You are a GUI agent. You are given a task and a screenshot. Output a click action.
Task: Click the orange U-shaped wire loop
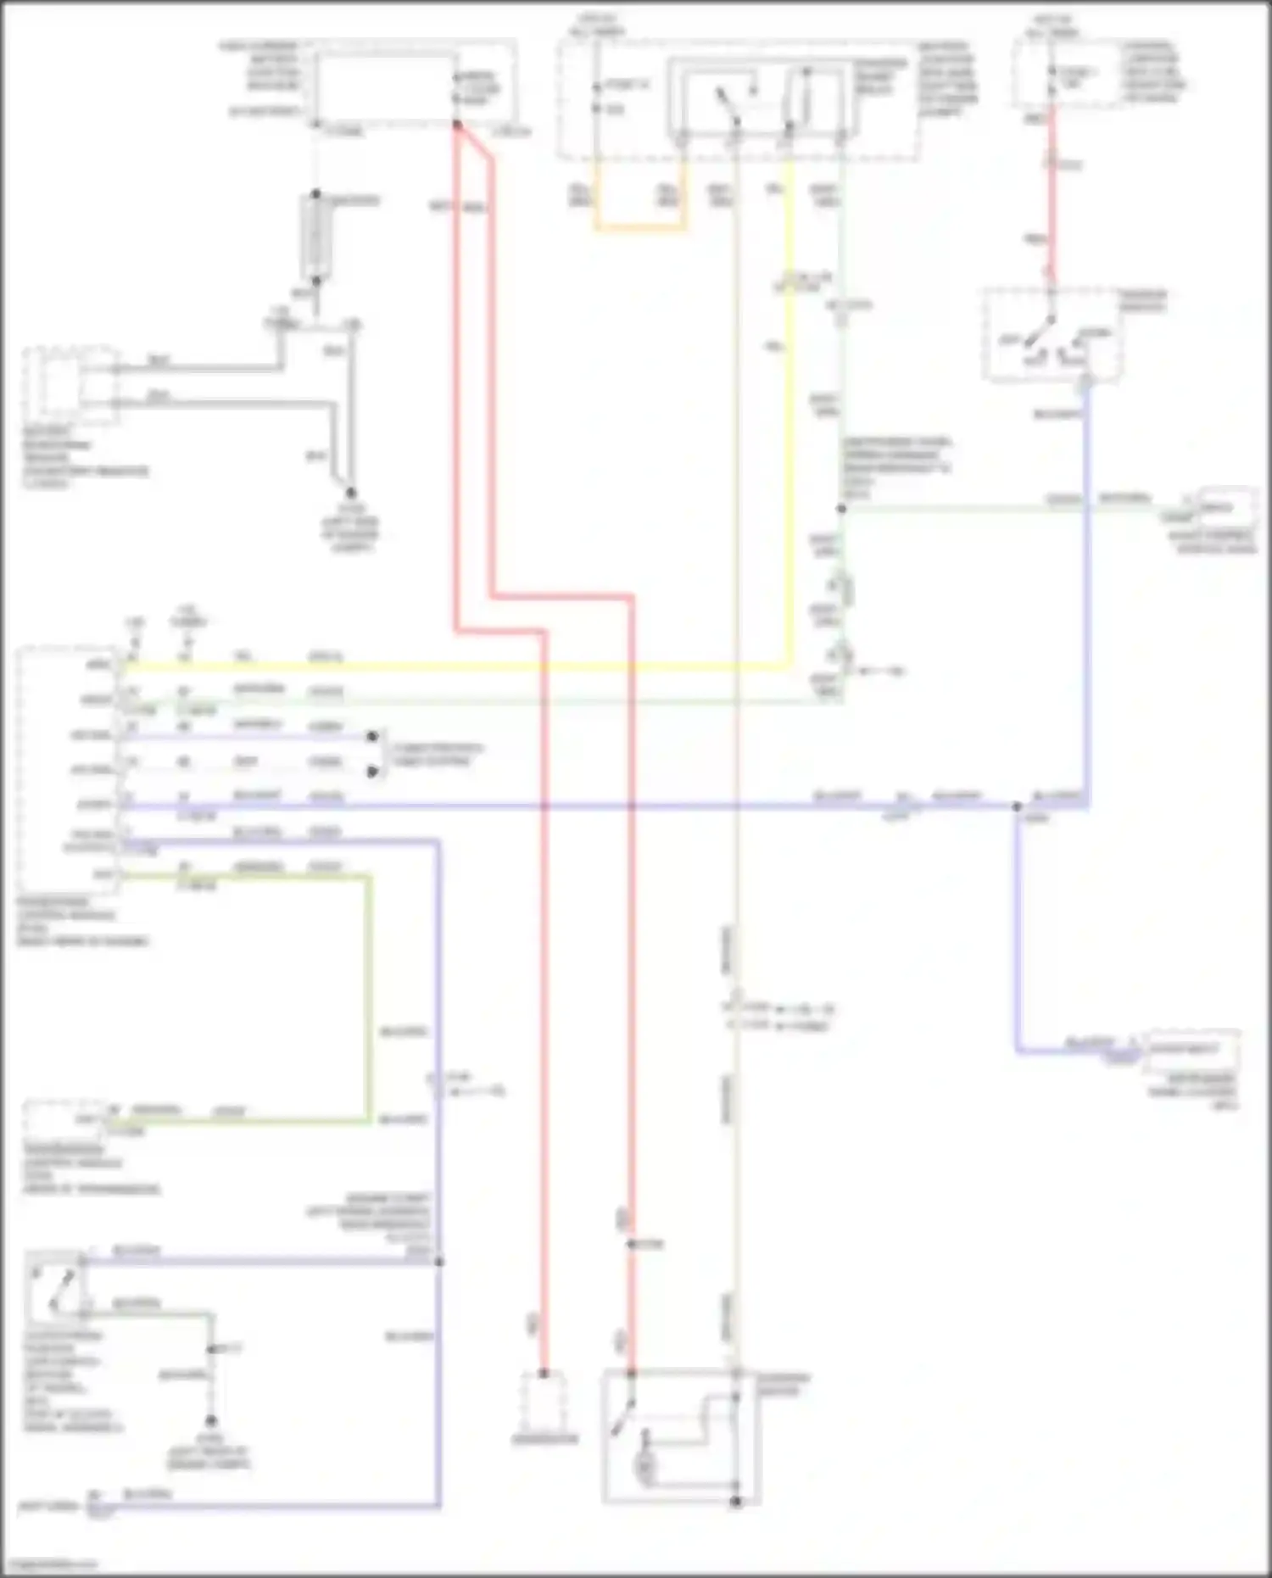pyautogui.click(x=640, y=227)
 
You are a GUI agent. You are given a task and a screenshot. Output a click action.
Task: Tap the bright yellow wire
pyautogui.click(x=790, y=424)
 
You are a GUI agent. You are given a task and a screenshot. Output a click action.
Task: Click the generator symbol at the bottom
pyautogui.click(x=544, y=1403)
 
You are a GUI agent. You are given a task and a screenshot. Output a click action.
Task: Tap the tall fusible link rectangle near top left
pyautogui.click(x=315, y=237)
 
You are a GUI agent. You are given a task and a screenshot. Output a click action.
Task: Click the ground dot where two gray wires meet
pyautogui.click(x=350, y=493)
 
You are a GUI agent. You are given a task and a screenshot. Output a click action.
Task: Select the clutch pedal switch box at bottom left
pyautogui.click(x=55, y=1285)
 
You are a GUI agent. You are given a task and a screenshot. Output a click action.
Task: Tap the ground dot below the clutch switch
pyautogui.click(x=210, y=1420)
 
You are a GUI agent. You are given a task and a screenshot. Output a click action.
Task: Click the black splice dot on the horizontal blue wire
pyautogui.click(x=1017, y=806)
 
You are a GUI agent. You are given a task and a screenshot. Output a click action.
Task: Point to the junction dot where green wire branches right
pyautogui.click(x=841, y=509)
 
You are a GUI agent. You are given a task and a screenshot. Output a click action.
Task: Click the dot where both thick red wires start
pyautogui.click(x=456, y=125)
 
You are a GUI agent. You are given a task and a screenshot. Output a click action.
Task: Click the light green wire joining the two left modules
pyautogui.click(x=370, y=1001)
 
